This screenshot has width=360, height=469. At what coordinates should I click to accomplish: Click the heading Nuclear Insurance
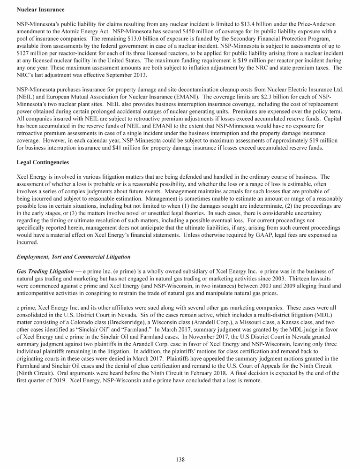point(40,9)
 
